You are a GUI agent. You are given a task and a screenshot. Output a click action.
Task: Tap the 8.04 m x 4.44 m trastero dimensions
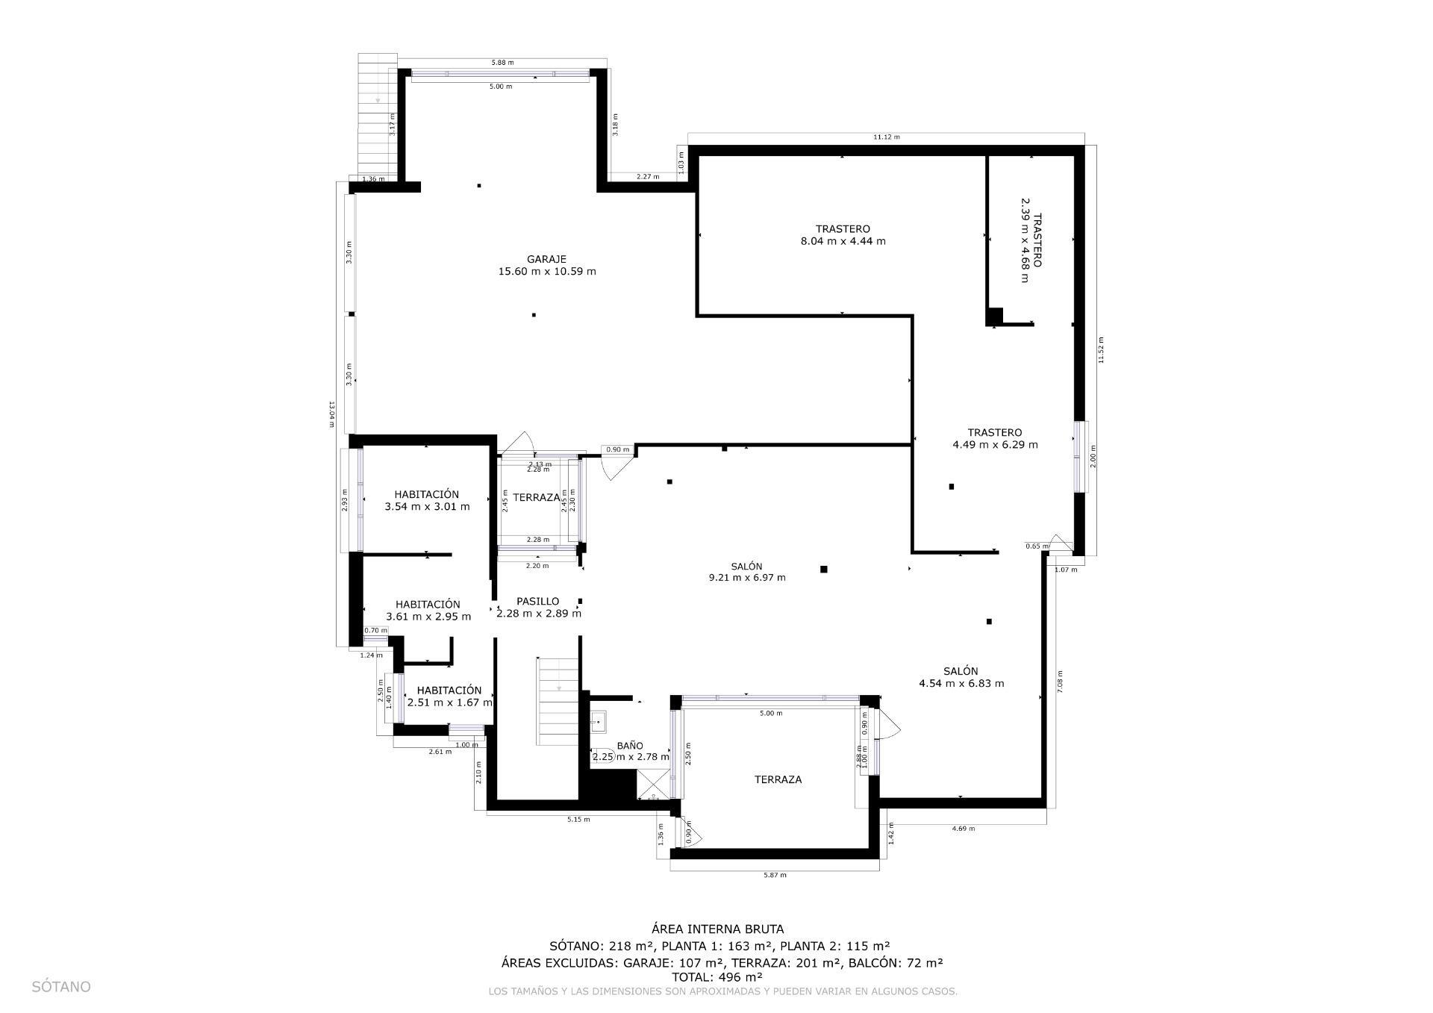[843, 241]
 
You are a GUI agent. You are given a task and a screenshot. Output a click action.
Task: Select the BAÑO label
[630, 745]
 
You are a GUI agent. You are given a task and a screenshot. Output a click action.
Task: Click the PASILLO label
[537, 601]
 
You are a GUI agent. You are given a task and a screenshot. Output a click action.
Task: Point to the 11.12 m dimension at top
[886, 137]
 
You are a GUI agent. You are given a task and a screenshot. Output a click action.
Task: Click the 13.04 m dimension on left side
[331, 414]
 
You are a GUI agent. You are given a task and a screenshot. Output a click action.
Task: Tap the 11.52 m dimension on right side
[1100, 349]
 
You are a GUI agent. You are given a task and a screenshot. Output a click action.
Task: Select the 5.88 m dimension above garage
[502, 63]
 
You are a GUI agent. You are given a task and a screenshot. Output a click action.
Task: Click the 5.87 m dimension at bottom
[775, 875]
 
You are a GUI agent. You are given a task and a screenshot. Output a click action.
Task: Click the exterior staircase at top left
[378, 112]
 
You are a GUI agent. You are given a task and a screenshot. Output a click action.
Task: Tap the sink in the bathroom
[599, 722]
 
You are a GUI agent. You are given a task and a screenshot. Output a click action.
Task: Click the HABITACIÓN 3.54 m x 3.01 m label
[427, 500]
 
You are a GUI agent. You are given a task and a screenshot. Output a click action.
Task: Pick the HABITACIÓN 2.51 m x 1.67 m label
[449, 696]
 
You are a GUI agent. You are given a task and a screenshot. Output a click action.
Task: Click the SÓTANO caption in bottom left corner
[61, 987]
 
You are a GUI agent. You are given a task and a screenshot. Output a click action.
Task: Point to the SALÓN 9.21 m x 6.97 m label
[746, 572]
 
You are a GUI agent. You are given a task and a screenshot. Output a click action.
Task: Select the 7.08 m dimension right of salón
[1060, 682]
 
